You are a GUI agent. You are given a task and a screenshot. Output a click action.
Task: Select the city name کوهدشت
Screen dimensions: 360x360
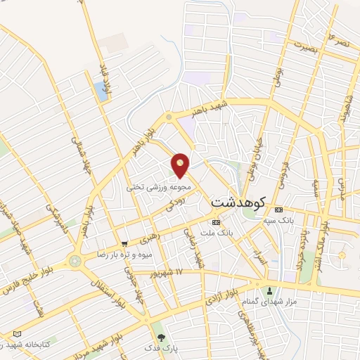pyautogui.click(x=237, y=202)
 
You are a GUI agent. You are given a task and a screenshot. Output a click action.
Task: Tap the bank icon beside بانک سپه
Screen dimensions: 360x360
pyautogui.click(x=279, y=210)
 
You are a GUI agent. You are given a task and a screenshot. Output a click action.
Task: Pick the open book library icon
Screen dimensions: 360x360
pyautogui.click(x=18, y=334)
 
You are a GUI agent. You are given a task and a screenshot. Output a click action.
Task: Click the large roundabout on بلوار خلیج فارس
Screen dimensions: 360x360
pyautogui.click(x=75, y=261)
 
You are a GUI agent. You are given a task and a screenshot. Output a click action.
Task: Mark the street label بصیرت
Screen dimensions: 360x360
pyautogui.click(x=307, y=49)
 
